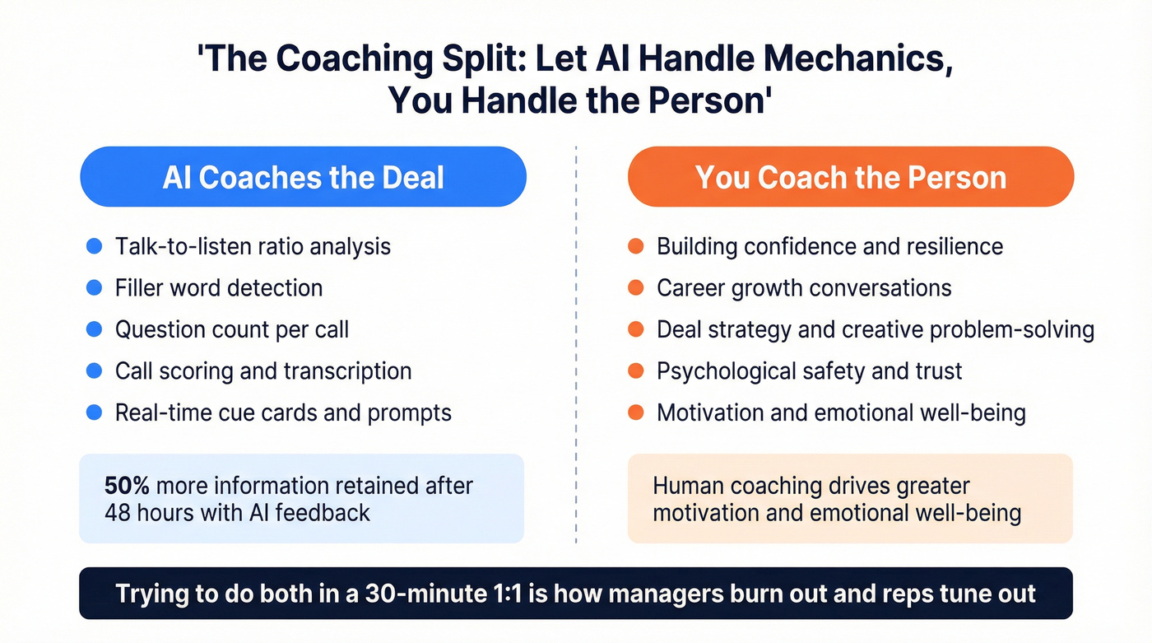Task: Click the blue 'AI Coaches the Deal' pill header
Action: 303,177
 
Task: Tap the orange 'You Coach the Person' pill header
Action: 850,177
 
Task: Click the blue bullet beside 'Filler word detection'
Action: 94,288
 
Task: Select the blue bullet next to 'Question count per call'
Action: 94,329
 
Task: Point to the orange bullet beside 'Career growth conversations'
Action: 635,288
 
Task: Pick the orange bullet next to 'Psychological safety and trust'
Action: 635,371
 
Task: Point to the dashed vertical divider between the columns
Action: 576,346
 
